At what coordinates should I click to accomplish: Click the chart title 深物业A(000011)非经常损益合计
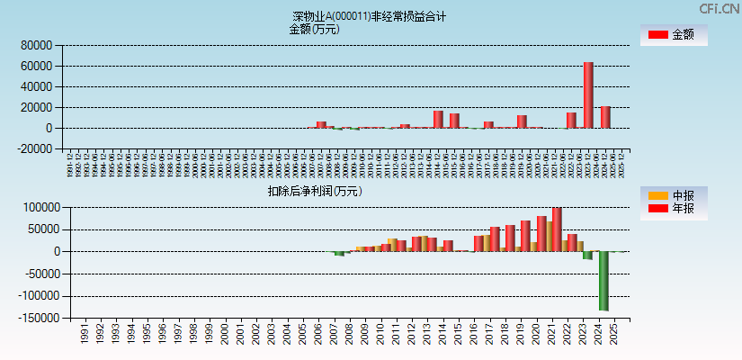(370, 16)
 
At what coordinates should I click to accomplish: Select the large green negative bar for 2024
(603, 281)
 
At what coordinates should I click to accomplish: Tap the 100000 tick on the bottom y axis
(38, 207)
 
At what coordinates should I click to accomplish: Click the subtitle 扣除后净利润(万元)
(314, 191)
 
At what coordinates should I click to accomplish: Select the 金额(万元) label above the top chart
(314, 29)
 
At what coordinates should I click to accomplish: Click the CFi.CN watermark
(719, 8)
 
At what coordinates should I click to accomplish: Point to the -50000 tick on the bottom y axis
(36, 274)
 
